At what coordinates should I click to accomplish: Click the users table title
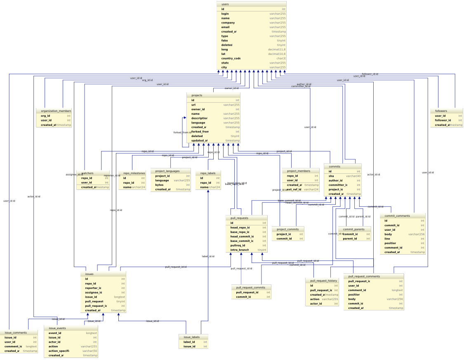225,4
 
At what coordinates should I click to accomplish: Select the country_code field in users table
231,58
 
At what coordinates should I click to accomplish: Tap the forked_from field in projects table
200,132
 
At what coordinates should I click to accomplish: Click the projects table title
197,95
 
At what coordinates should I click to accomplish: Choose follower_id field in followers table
443,120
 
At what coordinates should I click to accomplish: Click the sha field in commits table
331,176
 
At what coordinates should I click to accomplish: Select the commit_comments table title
397,216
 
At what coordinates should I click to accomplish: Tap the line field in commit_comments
387,239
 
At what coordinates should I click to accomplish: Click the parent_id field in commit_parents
350,239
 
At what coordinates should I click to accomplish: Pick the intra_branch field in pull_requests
240,250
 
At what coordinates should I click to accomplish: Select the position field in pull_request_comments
354,295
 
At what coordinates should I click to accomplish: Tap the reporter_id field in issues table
93,288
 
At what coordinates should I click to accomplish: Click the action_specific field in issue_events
59,351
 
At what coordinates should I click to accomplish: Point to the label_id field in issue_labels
189,342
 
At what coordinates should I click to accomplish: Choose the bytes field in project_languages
159,185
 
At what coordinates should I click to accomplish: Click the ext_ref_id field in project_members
294,189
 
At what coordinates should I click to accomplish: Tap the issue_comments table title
15,333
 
